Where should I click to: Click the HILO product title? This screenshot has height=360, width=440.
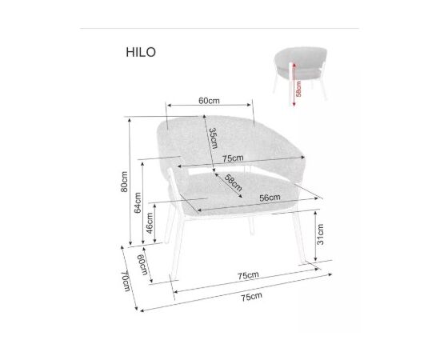[x=141, y=52]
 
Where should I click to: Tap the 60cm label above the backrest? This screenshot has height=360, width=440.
[x=209, y=101]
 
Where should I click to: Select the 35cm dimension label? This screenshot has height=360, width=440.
[x=214, y=138]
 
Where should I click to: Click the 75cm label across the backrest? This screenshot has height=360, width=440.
[x=233, y=158]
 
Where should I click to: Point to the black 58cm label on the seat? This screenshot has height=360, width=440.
[x=234, y=182]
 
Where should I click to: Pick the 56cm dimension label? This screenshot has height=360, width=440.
[x=270, y=198]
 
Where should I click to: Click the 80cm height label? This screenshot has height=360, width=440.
[x=124, y=182]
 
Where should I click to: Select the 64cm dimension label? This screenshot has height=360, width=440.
[x=138, y=202]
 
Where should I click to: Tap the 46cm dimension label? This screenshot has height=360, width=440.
[x=150, y=223]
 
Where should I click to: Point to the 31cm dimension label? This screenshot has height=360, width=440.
[x=320, y=234]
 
